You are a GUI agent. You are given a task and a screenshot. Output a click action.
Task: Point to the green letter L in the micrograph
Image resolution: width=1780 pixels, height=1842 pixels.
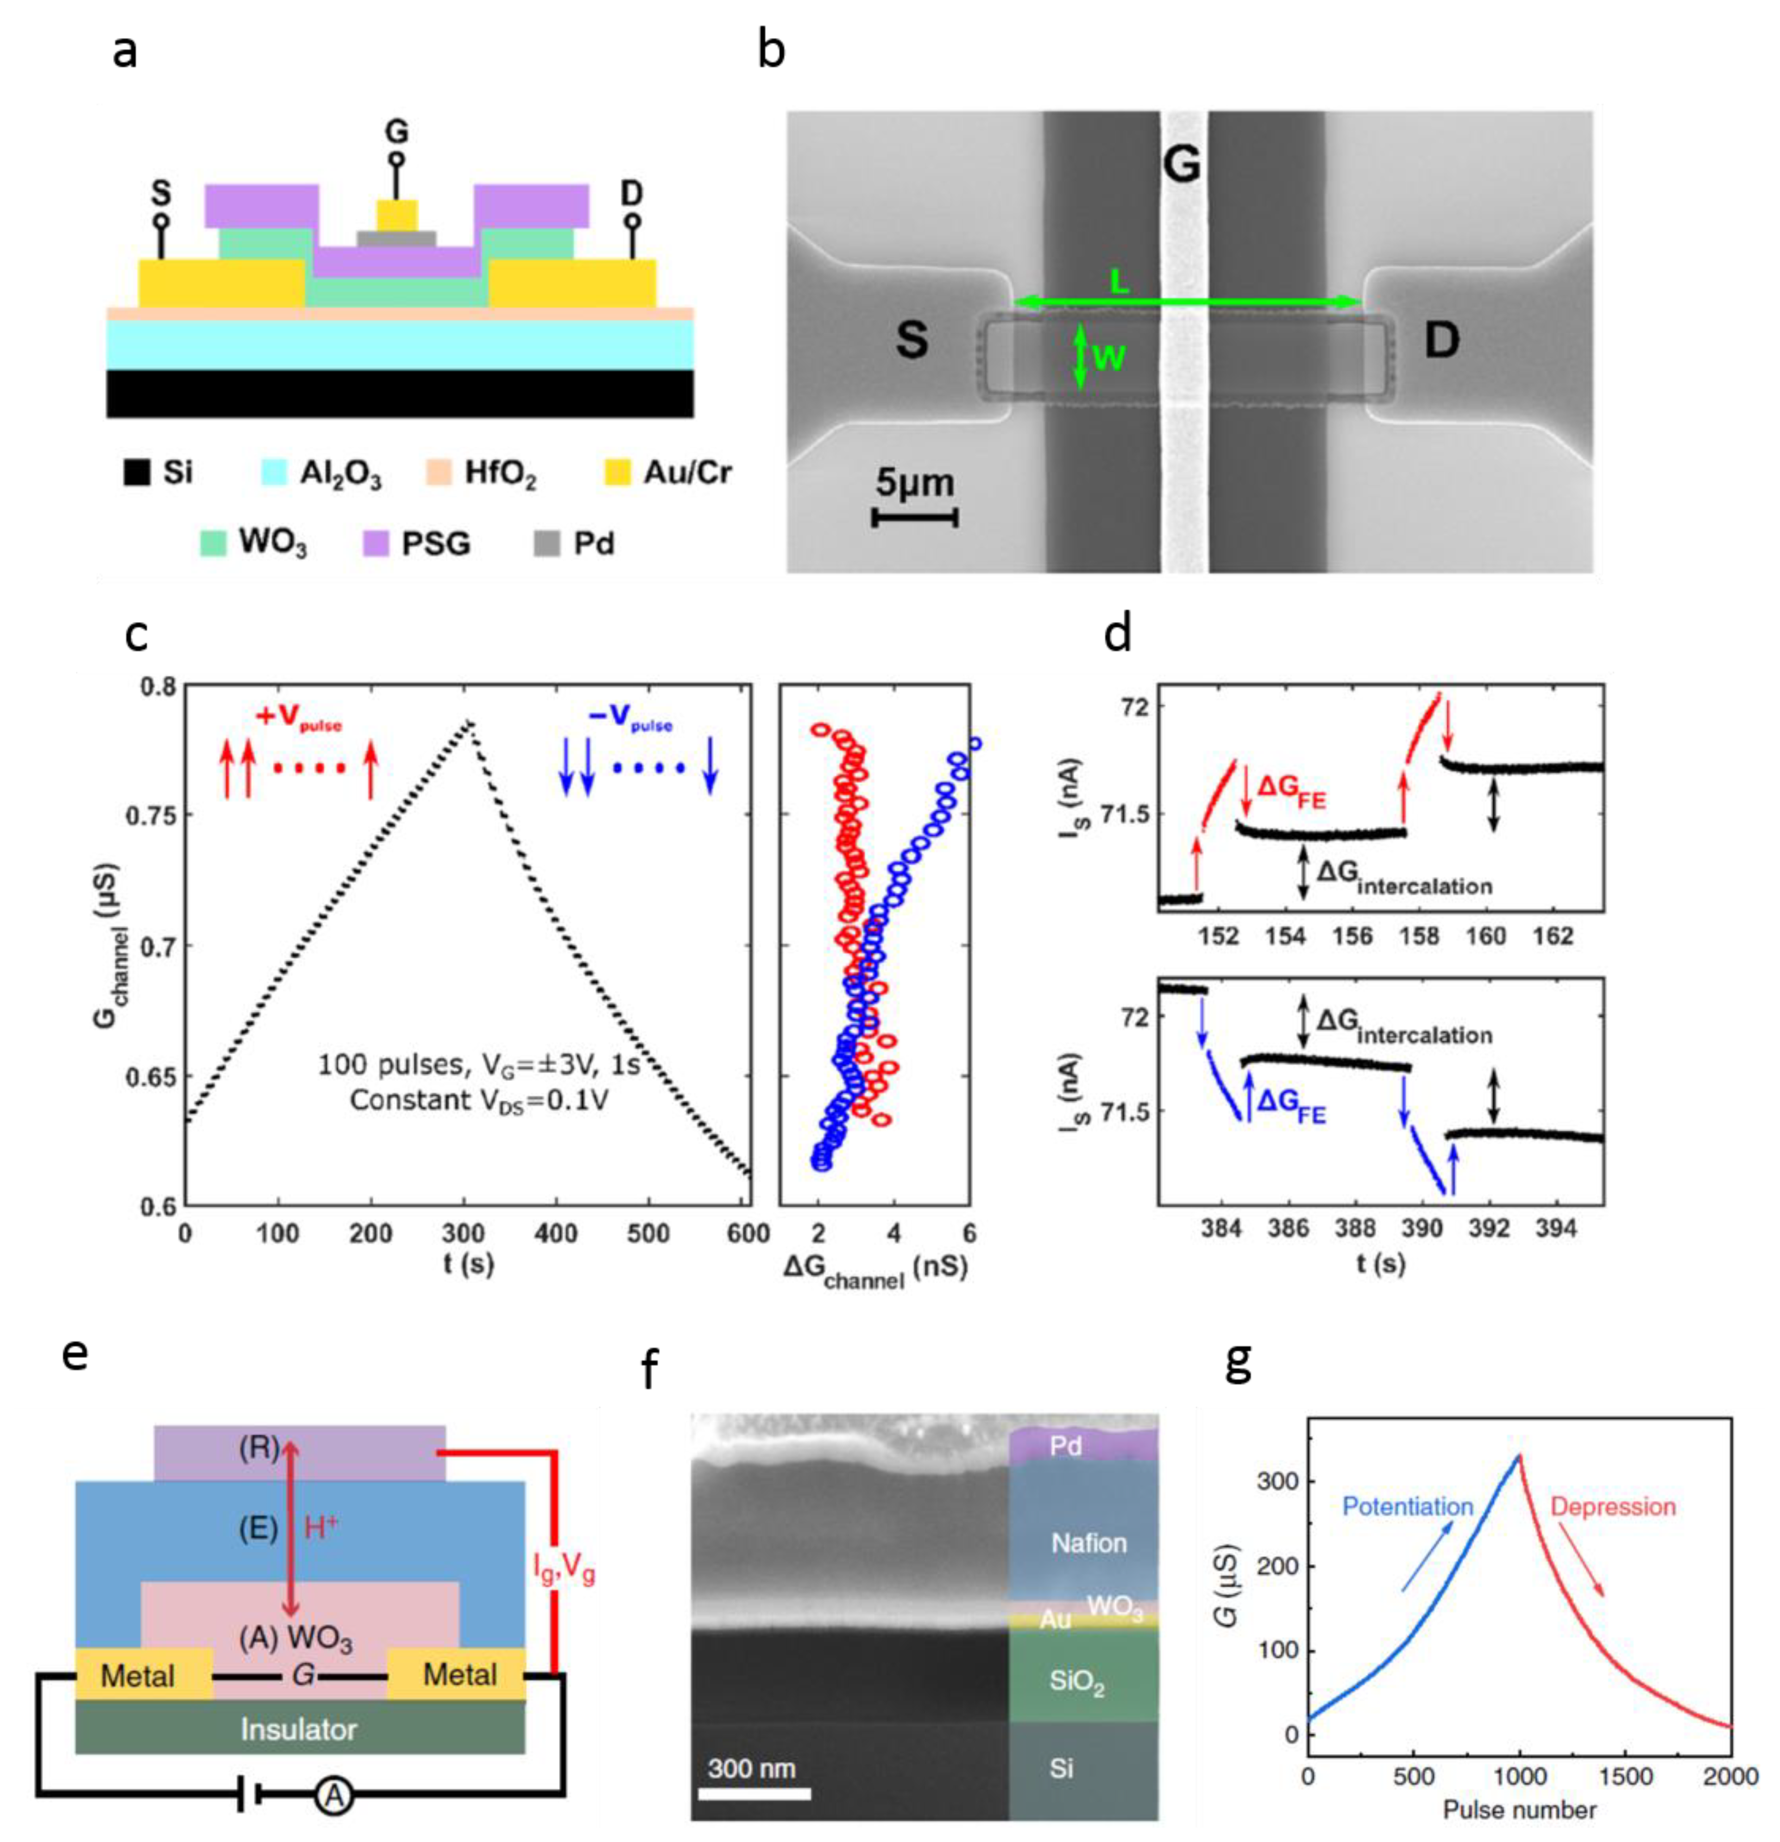point(1119,281)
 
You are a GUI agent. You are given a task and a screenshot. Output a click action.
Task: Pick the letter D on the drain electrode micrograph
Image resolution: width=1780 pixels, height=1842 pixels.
point(1441,340)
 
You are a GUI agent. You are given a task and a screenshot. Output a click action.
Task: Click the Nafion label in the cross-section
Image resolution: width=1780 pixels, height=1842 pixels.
point(1088,1543)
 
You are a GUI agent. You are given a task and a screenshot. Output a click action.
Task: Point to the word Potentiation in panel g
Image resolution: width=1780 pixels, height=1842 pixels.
point(1407,1507)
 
